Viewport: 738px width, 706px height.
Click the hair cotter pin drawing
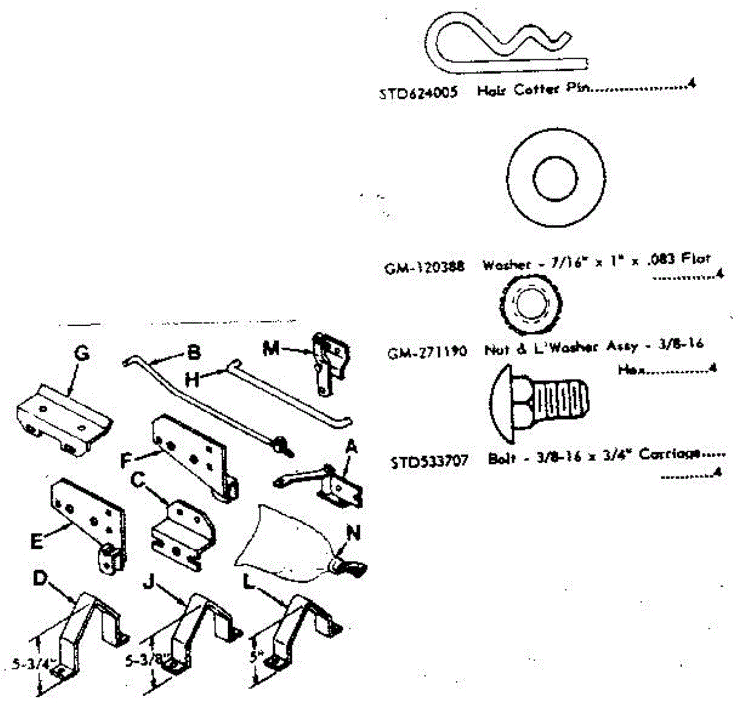point(504,44)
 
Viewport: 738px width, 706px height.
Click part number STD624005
point(418,93)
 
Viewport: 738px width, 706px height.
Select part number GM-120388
point(424,268)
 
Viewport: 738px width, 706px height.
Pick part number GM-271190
point(427,352)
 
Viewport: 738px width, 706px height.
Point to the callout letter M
point(270,348)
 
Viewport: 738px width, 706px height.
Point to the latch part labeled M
point(329,363)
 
